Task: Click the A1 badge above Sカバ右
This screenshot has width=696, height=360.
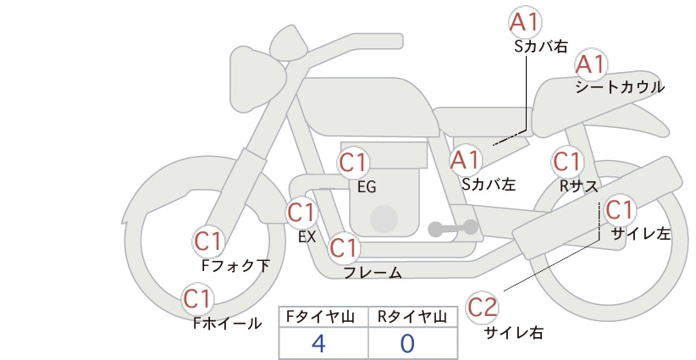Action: coord(525,23)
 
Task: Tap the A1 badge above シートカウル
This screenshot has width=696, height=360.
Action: coord(591,64)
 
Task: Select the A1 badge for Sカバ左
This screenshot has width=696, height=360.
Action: coord(466,160)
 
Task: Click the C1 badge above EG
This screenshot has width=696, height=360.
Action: coord(353,163)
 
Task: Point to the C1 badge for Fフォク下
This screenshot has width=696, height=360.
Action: coord(208,242)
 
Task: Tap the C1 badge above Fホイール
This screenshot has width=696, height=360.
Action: coord(196,299)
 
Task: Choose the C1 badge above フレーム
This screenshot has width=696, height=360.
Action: coord(344,247)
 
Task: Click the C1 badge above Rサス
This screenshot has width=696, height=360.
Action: coord(567,162)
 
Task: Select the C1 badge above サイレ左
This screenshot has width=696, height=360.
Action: coord(619,210)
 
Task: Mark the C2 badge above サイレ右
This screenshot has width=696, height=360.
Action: coord(483,307)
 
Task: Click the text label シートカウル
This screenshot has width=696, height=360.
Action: coord(620,87)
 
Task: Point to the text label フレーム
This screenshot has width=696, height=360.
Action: coord(373,273)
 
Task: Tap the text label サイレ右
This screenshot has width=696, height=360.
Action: coord(514,333)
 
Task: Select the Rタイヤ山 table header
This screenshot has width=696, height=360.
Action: coord(412,317)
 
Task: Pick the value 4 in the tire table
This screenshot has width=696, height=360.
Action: coord(319,344)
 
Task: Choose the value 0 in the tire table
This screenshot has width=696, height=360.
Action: coord(407,344)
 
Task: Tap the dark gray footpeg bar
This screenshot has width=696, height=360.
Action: coord(453,229)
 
